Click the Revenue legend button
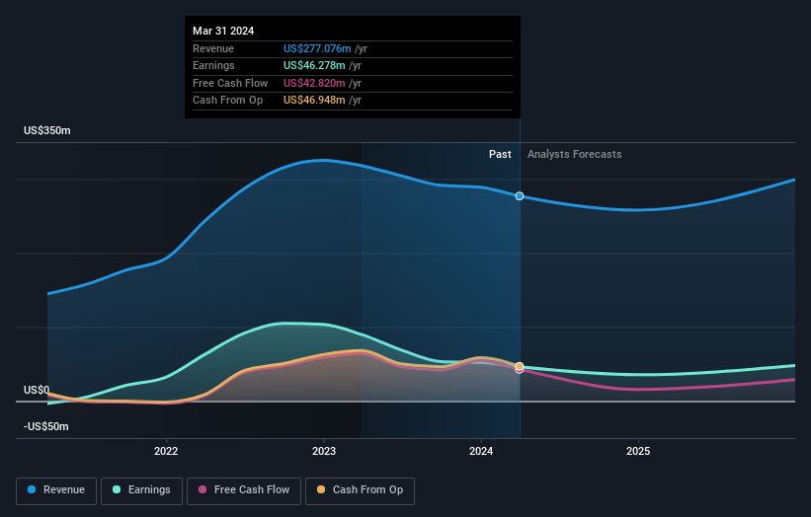pyautogui.click(x=56, y=489)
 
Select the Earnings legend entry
pyautogui.click(x=141, y=489)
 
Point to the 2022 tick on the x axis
pyautogui.click(x=166, y=452)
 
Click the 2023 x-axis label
pyautogui.click(x=324, y=452)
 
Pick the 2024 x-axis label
pyautogui.click(x=481, y=452)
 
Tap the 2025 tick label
pyautogui.click(x=638, y=452)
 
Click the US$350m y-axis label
pyautogui.click(x=47, y=131)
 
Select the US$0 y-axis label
pyautogui.click(x=37, y=390)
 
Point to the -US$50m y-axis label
pyautogui.click(x=47, y=426)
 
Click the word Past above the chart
pyautogui.click(x=500, y=154)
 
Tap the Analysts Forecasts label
pyautogui.click(x=575, y=154)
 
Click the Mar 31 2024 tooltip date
pyautogui.click(x=223, y=31)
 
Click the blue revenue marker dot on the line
pyautogui.click(x=520, y=196)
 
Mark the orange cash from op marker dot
pyautogui.click(x=520, y=367)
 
